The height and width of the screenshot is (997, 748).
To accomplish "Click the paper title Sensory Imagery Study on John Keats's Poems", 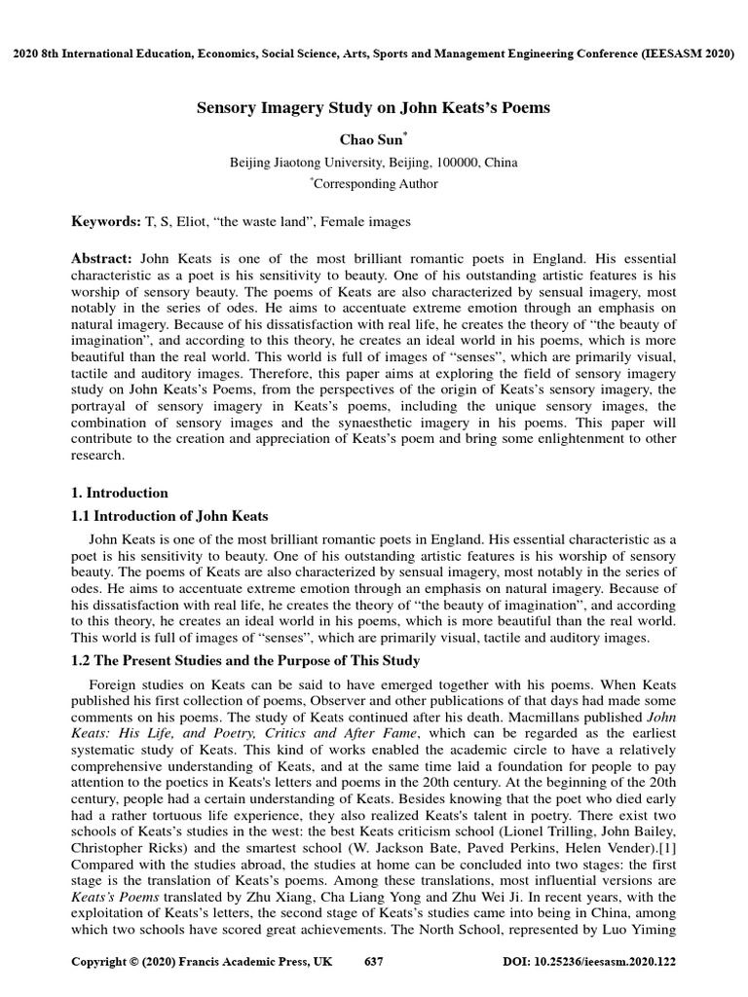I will click(373, 108).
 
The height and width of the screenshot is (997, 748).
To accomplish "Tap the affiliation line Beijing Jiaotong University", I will click(373, 162).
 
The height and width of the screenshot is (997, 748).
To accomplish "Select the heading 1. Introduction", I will click(120, 493).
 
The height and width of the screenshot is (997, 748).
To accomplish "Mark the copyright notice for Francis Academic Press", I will click(202, 961).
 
